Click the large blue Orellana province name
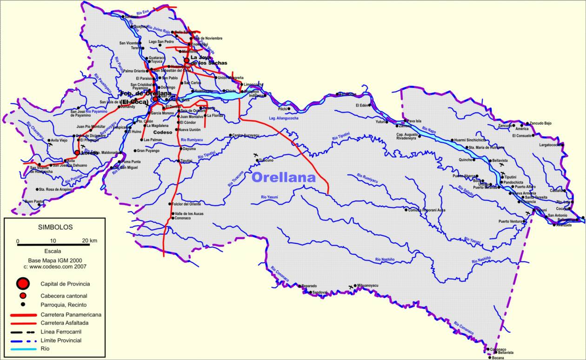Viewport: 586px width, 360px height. (x=283, y=177)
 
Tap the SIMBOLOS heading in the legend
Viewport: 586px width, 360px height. (x=55, y=227)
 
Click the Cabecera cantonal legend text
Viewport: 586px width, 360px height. (x=64, y=296)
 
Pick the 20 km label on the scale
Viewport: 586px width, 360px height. (x=89, y=240)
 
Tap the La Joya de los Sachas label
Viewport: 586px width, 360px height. (x=208, y=60)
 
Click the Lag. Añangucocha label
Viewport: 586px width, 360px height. (x=283, y=118)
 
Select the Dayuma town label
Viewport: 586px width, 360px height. (x=189, y=149)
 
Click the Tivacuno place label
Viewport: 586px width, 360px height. (x=266, y=160)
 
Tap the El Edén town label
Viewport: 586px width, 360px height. (x=362, y=105)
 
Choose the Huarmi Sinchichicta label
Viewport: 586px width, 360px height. (x=470, y=140)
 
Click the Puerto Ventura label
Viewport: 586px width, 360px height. (x=510, y=221)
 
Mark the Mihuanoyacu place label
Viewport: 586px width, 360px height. (x=367, y=285)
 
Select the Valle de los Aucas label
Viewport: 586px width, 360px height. (x=189, y=213)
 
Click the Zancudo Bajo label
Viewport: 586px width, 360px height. (x=540, y=123)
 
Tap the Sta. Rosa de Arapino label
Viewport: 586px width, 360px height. (x=56, y=189)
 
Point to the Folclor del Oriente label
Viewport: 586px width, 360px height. (x=187, y=204)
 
